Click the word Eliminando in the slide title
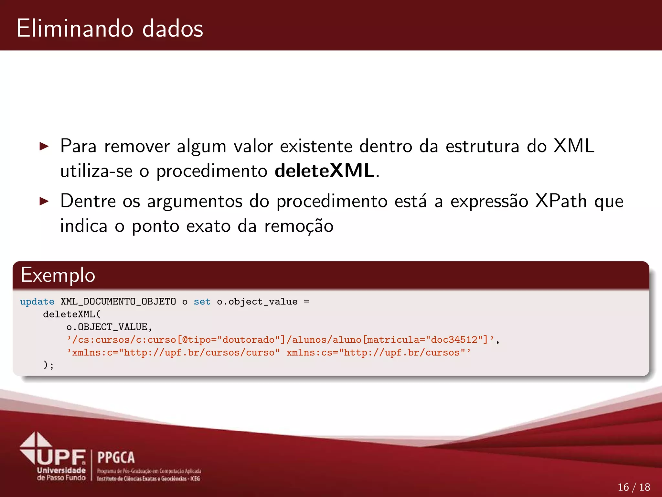pyautogui.click(x=75, y=28)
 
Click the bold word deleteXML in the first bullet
pyautogui.click(x=324, y=171)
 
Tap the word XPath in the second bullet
pyautogui.click(x=561, y=201)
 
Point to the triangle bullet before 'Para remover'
pyautogui.click(x=44, y=146)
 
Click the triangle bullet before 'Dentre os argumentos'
pyautogui.click(x=44, y=201)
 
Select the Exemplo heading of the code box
pyautogui.click(x=58, y=275)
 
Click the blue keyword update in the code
pyautogui.click(x=37, y=302)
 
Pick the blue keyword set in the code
pyautogui.click(x=202, y=302)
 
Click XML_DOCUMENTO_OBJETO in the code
pyautogui.click(x=118, y=302)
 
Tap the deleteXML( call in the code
pyautogui.click(x=72, y=314)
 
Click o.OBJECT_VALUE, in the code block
pyautogui.click(x=109, y=327)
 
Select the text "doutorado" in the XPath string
pyautogui.click(x=249, y=340)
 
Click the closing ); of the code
pyautogui.click(x=48, y=365)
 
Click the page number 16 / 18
pyautogui.click(x=634, y=487)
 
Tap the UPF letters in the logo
pyautogui.click(x=61, y=457)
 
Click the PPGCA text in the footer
pyautogui.click(x=116, y=458)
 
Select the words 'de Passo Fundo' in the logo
pyautogui.click(x=61, y=478)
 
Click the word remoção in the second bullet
pyautogui.click(x=299, y=226)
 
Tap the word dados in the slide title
pyautogui.click(x=173, y=28)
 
